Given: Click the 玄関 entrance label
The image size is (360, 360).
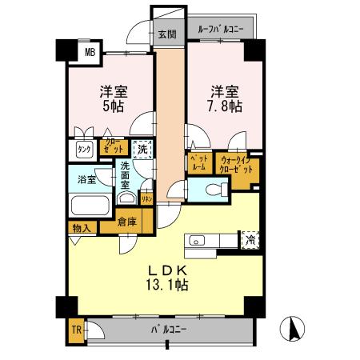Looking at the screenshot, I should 166,34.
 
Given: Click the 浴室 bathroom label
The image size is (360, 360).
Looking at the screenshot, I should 85,179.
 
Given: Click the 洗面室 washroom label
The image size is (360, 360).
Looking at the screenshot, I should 126,174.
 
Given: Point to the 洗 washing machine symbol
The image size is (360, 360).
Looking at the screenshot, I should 142,149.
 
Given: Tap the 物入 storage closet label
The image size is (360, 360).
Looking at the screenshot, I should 81,228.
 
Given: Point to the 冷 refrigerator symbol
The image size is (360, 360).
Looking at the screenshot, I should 250,239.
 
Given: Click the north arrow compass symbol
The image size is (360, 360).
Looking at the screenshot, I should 294,329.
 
